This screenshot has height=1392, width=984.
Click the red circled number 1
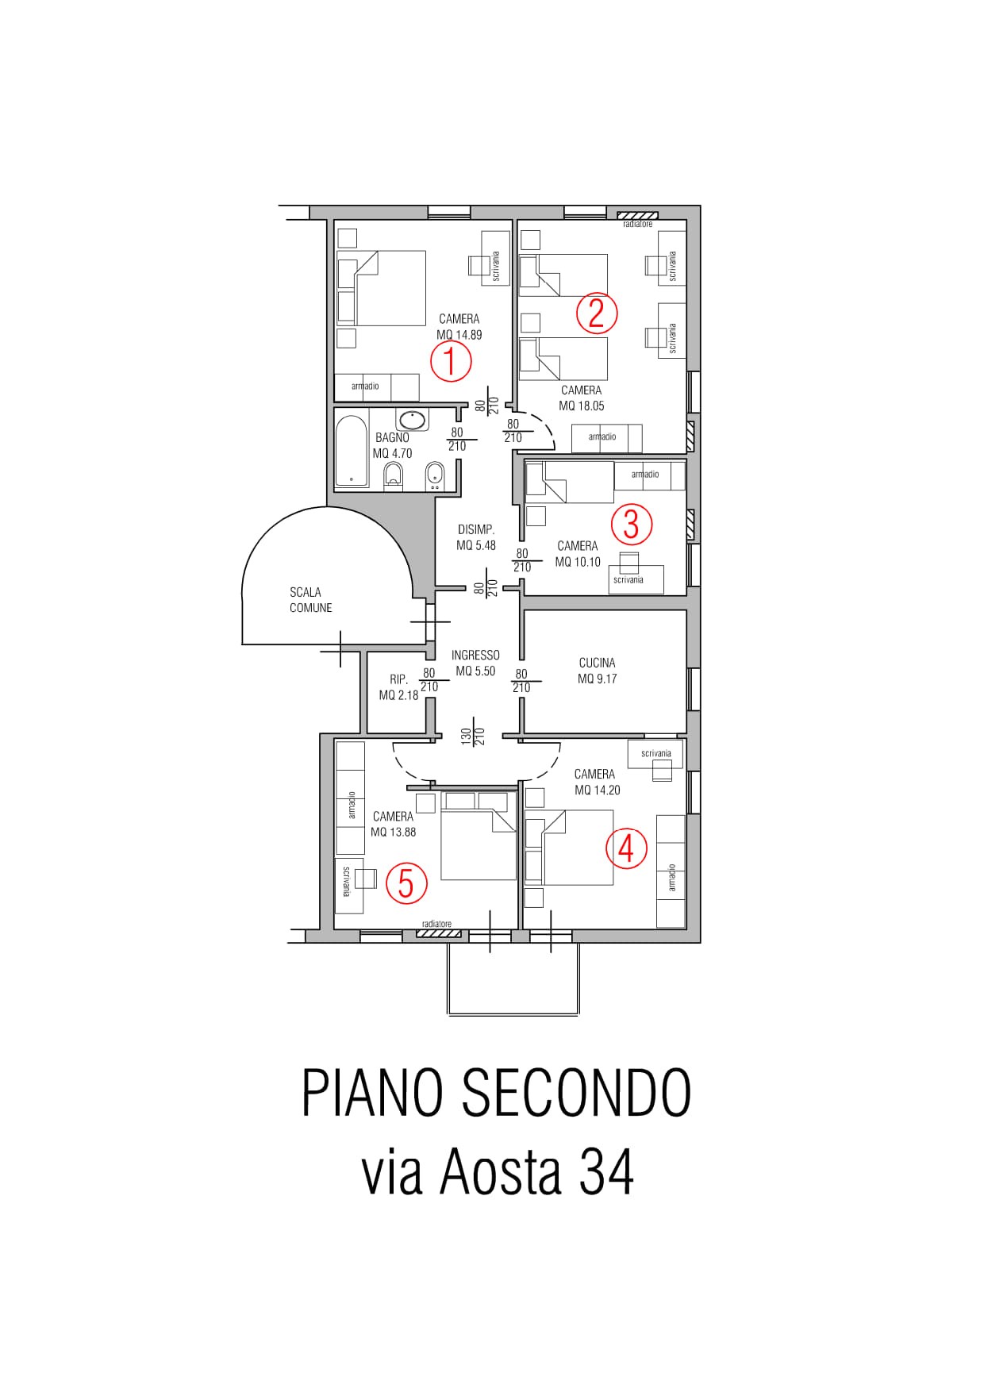pos(451,362)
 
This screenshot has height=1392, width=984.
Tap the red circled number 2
pos(596,313)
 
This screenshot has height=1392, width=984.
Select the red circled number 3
pos(631,524)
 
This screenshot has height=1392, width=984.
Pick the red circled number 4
pos(626,848)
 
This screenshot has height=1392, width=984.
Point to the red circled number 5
pos(406,883)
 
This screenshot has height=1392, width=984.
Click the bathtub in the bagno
pos(352,449)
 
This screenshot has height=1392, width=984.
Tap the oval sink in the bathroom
pos(412,420)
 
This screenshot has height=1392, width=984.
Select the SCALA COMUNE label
pos(310,600)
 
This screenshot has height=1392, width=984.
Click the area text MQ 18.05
pos(582,406)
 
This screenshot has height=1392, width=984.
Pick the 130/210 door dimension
pos(473,736)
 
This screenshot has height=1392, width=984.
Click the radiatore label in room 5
pos(437,924)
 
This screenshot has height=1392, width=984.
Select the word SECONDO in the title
pos(576,1093)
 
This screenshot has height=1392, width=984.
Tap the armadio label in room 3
pos(645,475)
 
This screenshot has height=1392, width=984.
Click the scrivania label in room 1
pos(497,266)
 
